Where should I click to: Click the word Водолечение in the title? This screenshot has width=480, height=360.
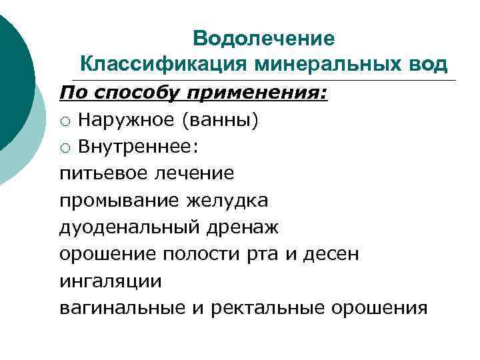(264, 39)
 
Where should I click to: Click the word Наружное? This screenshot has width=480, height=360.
(127, 120)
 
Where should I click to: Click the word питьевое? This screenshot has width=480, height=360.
(105, 174)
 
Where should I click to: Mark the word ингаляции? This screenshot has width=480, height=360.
(111, 281)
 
